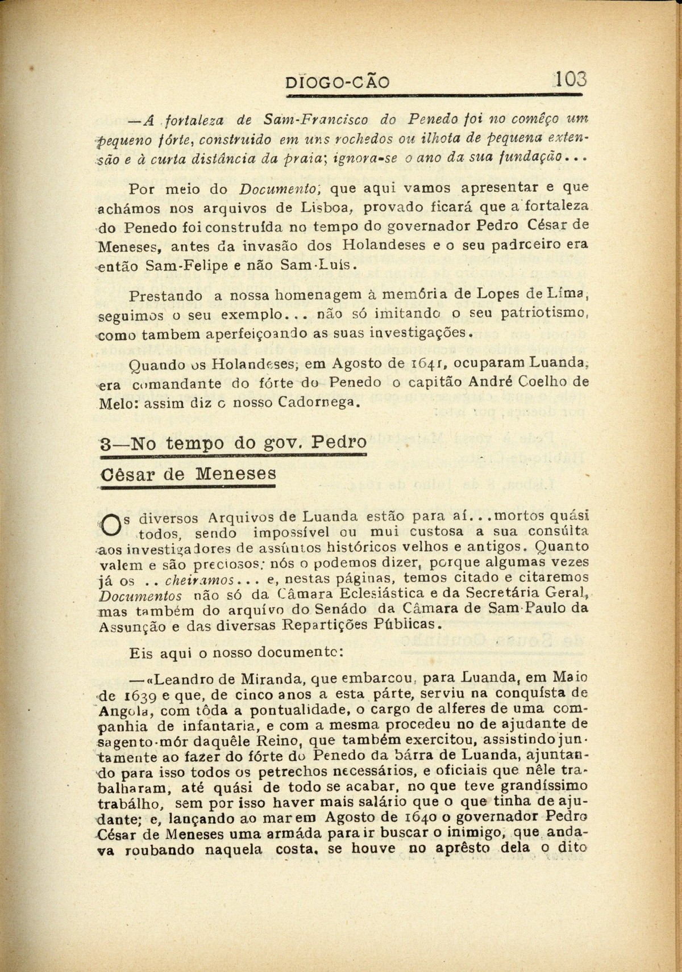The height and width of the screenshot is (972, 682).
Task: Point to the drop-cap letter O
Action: click(x=108, y=521)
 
